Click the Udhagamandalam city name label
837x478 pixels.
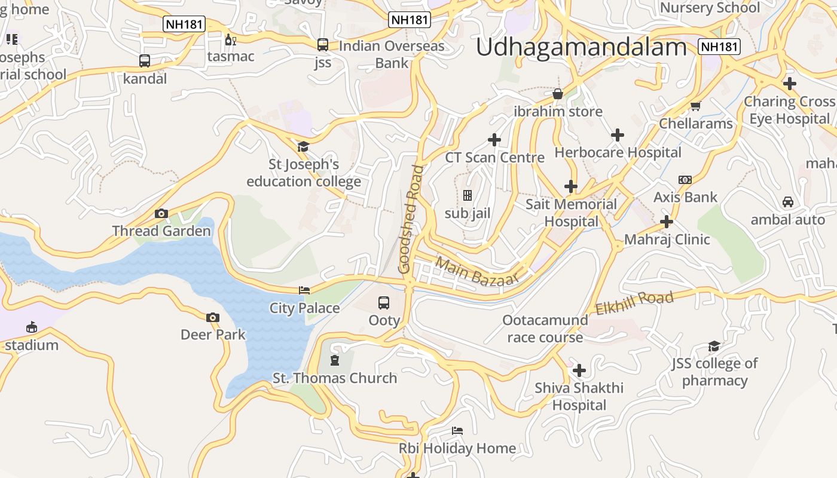point(581,47)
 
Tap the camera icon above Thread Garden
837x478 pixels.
point(161,214)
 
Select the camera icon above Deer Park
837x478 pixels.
point(212,317)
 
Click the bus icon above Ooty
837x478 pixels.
point(384,303)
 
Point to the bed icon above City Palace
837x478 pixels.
point(304,290)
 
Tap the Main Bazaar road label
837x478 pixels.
point(476,271)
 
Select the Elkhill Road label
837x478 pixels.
point(634,302)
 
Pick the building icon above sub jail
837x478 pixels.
point(468,195)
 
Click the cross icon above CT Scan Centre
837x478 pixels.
point(494,140)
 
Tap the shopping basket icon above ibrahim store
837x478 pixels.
point(558,94)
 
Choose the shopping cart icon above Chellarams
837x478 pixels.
point(695,106)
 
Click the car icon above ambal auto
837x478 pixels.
point(788,202)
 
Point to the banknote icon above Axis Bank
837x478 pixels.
point(685,180)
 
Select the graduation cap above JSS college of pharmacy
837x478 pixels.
point(714,346)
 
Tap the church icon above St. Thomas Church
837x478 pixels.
point(334,360)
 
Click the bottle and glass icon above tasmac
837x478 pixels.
point(230,40)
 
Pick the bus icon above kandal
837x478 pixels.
point(145,61)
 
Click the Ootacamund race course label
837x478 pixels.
point(545,329)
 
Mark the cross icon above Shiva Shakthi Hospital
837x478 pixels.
point(579,370)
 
